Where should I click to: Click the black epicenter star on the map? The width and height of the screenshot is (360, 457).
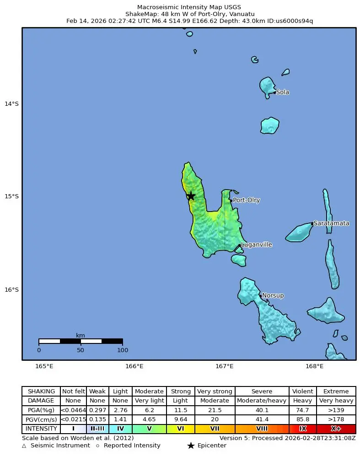pyautogui.click(x=191, y=196)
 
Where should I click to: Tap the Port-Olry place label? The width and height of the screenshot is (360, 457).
pyautogui.click(x=247, y=200)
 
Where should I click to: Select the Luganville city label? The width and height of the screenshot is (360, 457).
pyautogui.click(x=256, y=245)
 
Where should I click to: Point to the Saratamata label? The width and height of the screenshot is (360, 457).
pyautogui.click(x=331, y=223)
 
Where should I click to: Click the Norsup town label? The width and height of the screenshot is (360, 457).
pyautogui.click(x=273, y=296)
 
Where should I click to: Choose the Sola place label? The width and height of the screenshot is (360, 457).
pyautogui.click(x=283, y=92)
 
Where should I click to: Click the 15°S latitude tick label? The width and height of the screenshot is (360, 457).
pyautogui.click(x=11, y=196)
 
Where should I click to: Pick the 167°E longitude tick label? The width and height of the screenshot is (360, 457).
pyautogui.click(x=224, y=366)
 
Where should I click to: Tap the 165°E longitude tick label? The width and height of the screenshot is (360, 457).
pyautogui.click(x=44, y=366)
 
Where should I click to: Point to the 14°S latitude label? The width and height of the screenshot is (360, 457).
pyautogui.click(x=11, y=103)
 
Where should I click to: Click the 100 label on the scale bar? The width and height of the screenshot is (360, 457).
pyautogui.click(x=122, y=350)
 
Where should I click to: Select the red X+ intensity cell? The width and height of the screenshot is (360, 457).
pyautogui.click(x=336, y=429)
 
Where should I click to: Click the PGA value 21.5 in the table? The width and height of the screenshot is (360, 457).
pyautogui.click(x=215, y=410)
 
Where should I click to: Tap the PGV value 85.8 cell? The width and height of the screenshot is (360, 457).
pyautogui.click(x=302, y=419)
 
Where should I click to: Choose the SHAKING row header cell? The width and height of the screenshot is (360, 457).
pyautogui.click(x=41, y=392)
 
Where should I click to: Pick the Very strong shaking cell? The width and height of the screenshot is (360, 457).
pyautogui.click(x=215, y=392)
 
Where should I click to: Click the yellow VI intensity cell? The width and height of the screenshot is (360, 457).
pyautogui.click(x=180, y=429)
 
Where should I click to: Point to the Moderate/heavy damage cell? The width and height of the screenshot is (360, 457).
pyautogui.click(x=262, y=401)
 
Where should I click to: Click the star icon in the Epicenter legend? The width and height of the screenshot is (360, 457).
pyautogui.click(x=191, y=446)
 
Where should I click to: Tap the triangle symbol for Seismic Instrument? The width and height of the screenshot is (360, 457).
pyautogui.click(x=24, y=446)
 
